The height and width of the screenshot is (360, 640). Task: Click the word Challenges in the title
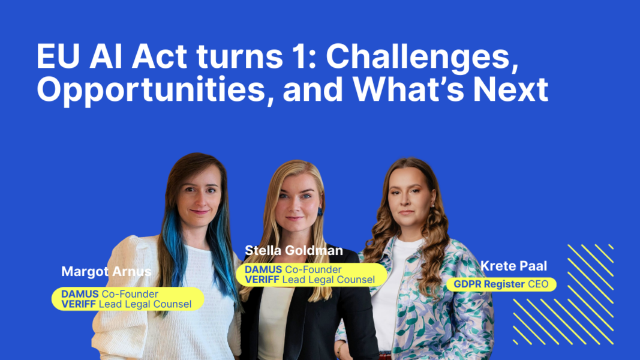tap(422, 57)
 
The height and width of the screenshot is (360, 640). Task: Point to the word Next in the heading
tap(510, 89)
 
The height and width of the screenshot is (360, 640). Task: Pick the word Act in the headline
tap(159, 56)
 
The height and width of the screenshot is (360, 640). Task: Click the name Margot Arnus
tap(106, 271)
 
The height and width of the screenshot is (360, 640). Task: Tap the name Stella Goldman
tap(293, 250)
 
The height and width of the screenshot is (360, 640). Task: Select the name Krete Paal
tap(513, 266)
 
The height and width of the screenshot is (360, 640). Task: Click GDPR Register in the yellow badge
tap(489, 284)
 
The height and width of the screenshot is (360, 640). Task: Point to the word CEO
tap(538, 284)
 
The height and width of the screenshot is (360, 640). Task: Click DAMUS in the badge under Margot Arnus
tap(80, 294)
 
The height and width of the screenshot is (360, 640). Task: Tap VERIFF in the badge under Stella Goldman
tap(262, 280)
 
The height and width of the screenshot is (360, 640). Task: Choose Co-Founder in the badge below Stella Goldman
tap(313, 270)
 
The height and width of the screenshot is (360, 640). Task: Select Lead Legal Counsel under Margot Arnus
tap(145, 304)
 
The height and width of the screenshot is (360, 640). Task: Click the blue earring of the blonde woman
tap(320, 211)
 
